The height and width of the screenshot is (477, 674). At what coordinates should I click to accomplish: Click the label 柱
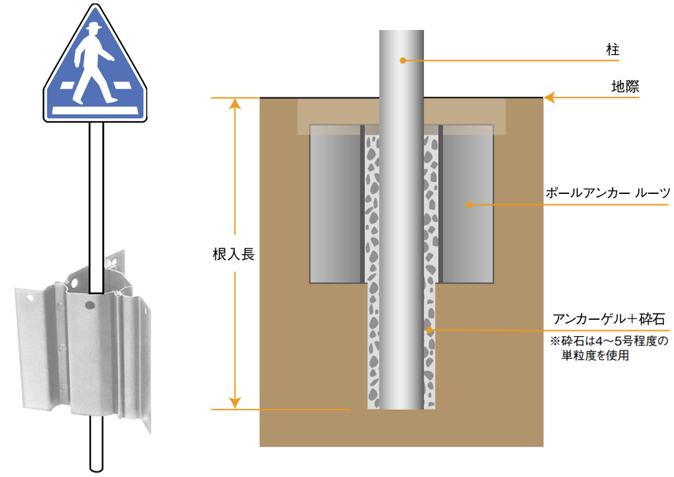(613, 50)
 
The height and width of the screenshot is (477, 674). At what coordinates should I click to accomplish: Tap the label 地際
(625, 86)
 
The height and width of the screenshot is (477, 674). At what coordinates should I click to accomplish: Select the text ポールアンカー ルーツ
(608, 193)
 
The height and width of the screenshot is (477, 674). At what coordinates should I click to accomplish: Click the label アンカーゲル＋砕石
(608, 319)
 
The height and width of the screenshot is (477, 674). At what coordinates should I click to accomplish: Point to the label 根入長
(233, 254)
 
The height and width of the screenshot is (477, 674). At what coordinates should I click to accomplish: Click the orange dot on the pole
(403, 60)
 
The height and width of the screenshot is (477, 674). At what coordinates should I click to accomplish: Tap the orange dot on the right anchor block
(469, 205)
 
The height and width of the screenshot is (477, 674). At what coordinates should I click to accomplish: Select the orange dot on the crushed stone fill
(429, 330)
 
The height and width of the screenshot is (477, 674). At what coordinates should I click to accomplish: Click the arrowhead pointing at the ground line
(550, 97)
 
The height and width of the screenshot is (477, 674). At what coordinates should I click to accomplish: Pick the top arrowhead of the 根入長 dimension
(235, 104)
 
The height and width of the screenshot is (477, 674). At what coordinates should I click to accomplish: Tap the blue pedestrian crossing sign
(95, 64)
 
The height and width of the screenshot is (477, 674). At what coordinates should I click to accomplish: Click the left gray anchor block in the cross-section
(335, 205)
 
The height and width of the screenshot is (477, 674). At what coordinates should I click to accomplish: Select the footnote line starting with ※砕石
(609, 341)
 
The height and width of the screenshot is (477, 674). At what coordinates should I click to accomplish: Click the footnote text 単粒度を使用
(595, 355)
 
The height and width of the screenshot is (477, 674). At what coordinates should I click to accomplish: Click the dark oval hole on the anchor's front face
(89, 306)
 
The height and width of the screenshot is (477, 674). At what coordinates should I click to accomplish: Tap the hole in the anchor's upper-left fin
(30, 297)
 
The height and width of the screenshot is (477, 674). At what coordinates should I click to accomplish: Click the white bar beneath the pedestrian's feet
(95, 111)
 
